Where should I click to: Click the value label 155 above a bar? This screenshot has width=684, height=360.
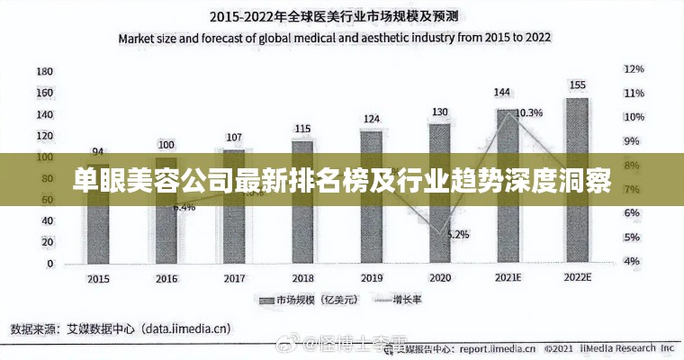click(x=577, y=85)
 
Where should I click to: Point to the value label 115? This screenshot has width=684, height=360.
click(x=302, y=129)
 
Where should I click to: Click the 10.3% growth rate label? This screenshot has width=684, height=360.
click(x=529, y=112)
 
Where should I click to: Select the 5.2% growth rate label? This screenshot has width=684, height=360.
click(x=457, y=234)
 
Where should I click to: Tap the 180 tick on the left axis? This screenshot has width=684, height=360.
click(x=44, y=71)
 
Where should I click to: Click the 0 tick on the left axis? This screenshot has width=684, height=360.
click(x=50, y=264)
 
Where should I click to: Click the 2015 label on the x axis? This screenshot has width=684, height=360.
click(x=97, y=278)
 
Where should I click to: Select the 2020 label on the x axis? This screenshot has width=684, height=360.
click(x=439, y=278)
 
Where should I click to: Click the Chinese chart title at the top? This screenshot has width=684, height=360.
click(x=334, y=16)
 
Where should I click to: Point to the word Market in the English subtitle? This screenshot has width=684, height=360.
click(x=140, y=39)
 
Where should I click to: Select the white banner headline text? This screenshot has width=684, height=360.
click(x=341, y=180)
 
